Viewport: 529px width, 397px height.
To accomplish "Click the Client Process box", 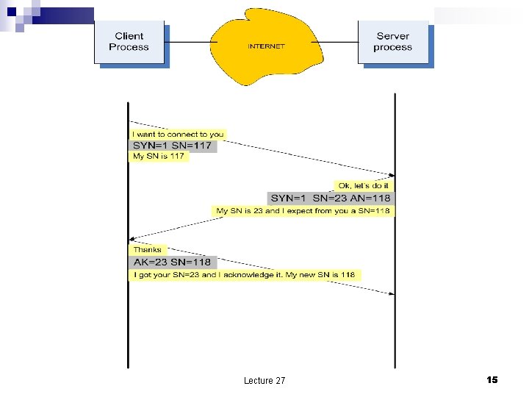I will pos(129,42).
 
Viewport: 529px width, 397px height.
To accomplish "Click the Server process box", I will pos(392,42).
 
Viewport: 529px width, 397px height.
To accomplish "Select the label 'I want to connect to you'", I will pos(177,135).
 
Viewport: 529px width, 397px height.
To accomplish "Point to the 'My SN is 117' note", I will pos(158,157).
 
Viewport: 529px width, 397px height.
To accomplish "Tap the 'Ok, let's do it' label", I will pos(364,185).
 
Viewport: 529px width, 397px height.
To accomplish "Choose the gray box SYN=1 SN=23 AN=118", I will pos(331,198).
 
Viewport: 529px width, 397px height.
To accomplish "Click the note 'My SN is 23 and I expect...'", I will pos(302,211).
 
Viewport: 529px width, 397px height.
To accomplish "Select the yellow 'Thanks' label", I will pos(147,250).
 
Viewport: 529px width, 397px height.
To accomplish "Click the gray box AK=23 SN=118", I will pos(172,262).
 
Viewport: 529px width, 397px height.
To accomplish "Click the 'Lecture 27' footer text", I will pos(264,380).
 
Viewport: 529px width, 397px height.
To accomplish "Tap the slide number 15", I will pos(492,379).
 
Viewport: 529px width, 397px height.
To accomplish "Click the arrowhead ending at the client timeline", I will pos(133,238).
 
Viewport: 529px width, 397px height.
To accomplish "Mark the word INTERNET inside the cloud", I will pos(266,46).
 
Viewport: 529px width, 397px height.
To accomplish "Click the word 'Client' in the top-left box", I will pos(129,36).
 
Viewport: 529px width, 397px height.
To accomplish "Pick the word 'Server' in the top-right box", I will pos(392,36).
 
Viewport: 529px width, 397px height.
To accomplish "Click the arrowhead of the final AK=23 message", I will pos(391,293).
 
